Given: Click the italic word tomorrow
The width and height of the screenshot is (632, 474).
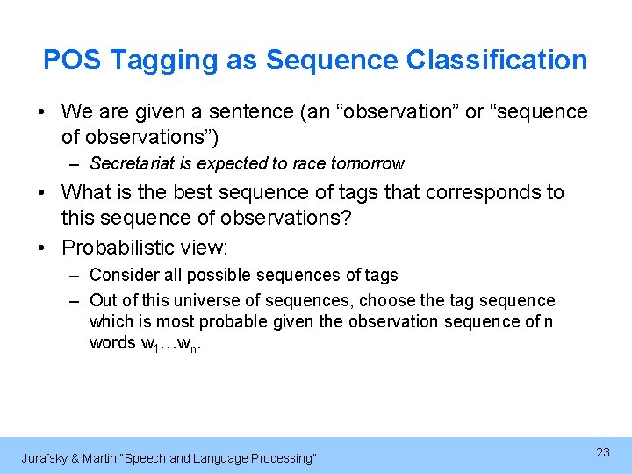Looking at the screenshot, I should tap(368, 163).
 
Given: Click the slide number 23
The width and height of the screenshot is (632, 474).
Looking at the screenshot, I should tap(602, 452).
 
